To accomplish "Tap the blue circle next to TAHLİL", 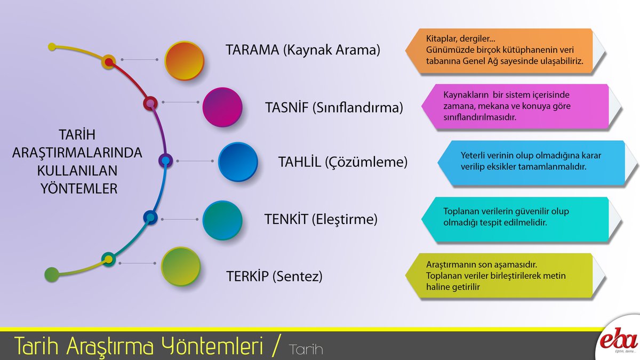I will tap(238, 162).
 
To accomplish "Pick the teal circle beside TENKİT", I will tap(222, 219).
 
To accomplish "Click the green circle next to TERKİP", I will tap(180, 267).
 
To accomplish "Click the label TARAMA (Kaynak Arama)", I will tap(302, 50).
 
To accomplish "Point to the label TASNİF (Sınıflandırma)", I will tap(334, 108).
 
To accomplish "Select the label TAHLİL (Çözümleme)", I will tap(343, 162).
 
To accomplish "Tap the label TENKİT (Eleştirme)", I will tap(321, 219).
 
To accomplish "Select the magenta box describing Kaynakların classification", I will tap(520, 106).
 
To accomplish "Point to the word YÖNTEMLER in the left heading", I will tap(79, 188).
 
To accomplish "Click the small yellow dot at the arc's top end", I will tap(52, 47).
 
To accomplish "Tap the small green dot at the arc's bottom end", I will tap(52, 274).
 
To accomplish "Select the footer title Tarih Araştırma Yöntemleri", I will tap(139, 347).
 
